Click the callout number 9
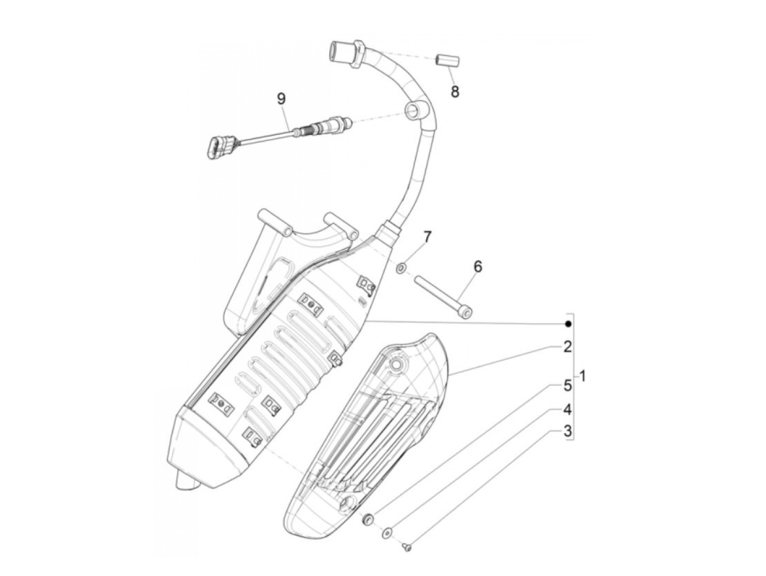[281, 100]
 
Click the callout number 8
[455, 91]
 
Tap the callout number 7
[427, 237]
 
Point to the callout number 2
[568, 346]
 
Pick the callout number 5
[568, 385]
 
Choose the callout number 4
[568, 408]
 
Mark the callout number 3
[568, 431]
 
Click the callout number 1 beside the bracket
[583, 377]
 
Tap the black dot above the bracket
[568, 324]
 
